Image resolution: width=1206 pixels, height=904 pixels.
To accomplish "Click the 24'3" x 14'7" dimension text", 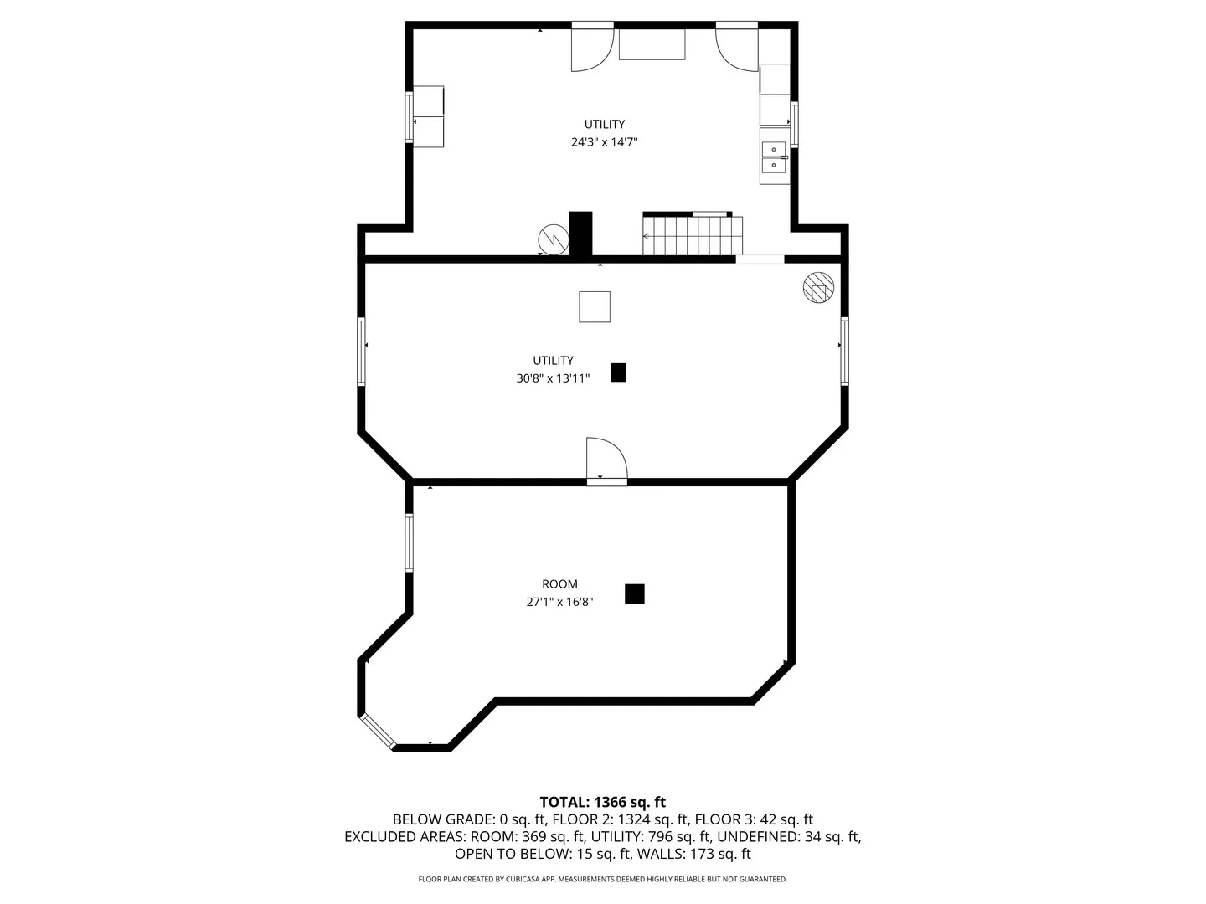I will point(604,142).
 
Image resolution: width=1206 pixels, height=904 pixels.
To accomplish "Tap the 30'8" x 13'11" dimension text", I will point(553,378).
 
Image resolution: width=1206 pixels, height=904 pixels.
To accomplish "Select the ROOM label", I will point(559,584).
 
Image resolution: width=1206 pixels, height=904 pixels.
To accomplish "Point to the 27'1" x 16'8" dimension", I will point(559,602).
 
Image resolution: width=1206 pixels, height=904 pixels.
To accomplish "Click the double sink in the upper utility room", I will point(774,157).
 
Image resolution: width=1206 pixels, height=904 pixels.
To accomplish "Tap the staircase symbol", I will point(693,235).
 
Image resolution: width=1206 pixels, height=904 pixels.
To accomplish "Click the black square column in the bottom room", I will point(635,593).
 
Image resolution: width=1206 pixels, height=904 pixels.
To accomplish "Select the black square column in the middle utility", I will point(618,372).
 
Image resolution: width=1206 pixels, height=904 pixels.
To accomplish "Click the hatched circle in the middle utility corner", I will point(818,288).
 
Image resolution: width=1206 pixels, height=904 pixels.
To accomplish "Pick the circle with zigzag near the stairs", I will point(553,239).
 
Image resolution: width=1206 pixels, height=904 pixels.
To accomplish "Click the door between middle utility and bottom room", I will point(606,460).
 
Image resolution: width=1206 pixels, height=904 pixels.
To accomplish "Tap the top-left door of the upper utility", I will point(591,49).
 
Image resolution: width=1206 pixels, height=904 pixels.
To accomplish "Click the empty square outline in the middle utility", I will point(595,306).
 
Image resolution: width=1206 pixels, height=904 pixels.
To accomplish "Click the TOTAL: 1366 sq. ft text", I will point(602,802).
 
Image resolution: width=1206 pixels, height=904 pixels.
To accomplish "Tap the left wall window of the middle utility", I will point(362,351).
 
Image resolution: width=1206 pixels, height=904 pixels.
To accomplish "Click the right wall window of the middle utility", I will point(844,351).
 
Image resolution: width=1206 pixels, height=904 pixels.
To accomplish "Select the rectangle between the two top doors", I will point(652,44).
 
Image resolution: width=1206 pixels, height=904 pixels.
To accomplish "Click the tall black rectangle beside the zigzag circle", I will point(580,234).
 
